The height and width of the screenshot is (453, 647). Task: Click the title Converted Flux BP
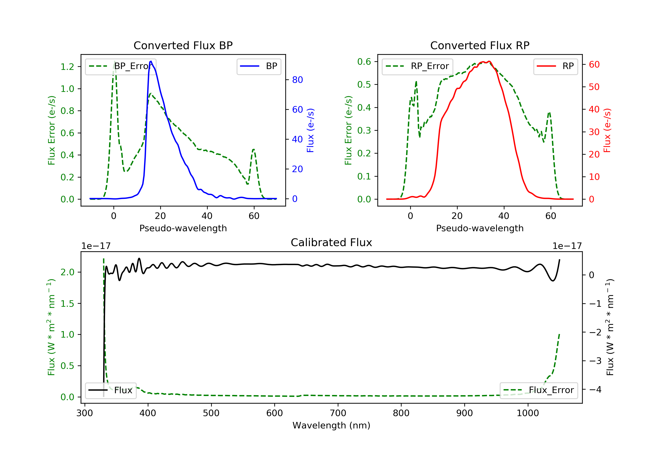(x=183, y=45)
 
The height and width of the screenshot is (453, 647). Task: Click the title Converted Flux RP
(x=480, y=45)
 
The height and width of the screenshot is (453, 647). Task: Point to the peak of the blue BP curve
(x=151, y=61)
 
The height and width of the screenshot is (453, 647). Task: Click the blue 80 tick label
(x=297, y=80)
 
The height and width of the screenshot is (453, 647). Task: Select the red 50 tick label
(x=594, y=87)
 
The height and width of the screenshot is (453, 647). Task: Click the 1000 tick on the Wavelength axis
(x=528, y=413)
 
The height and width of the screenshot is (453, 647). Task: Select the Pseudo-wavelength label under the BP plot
(x=183, y=228)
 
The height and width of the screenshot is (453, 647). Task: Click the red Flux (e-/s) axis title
(x=607, y=130)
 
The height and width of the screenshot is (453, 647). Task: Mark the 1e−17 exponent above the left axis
(x=96, y=246)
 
